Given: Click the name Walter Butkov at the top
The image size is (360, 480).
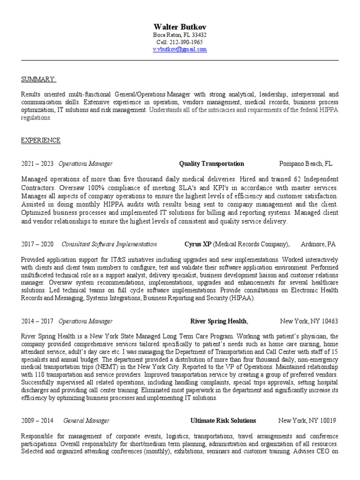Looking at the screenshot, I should (x=180, y=26).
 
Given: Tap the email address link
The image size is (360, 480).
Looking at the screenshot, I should (x=180, y=49).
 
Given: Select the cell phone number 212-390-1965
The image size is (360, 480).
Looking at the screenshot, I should (x=186, y=42).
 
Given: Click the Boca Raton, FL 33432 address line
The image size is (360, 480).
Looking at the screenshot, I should (x=180, y=35).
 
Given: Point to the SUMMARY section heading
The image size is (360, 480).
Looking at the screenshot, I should (x=39, y=78).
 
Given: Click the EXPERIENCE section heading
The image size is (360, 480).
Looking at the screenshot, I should (x=41, y=140).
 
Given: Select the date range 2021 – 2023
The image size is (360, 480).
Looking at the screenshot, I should (x=37, y=164).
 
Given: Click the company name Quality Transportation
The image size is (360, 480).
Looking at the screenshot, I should (x=211, y=164).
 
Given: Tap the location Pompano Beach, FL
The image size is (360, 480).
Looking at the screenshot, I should (x=306, y=164).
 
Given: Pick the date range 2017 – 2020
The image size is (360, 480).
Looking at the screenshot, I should (x=37, y=244).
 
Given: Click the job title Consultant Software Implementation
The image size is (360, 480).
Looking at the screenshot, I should (x=109, y=244).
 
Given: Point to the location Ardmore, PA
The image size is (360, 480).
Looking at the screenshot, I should (x=318, y=244).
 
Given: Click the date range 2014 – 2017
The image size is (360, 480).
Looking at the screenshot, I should (x=37, y=321).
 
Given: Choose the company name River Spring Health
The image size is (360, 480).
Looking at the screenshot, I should (x=218, y=321).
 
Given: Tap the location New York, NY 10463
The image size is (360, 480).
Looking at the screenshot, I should (x=308, y=321).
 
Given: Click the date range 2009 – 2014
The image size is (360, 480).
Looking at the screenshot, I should (x=37, y=420).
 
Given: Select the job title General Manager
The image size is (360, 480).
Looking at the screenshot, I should (x=86, y=420).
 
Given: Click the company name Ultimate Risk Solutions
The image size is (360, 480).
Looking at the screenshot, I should (x=223, y=420).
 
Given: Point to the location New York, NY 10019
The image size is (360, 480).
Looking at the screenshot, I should (x=307, y=420).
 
